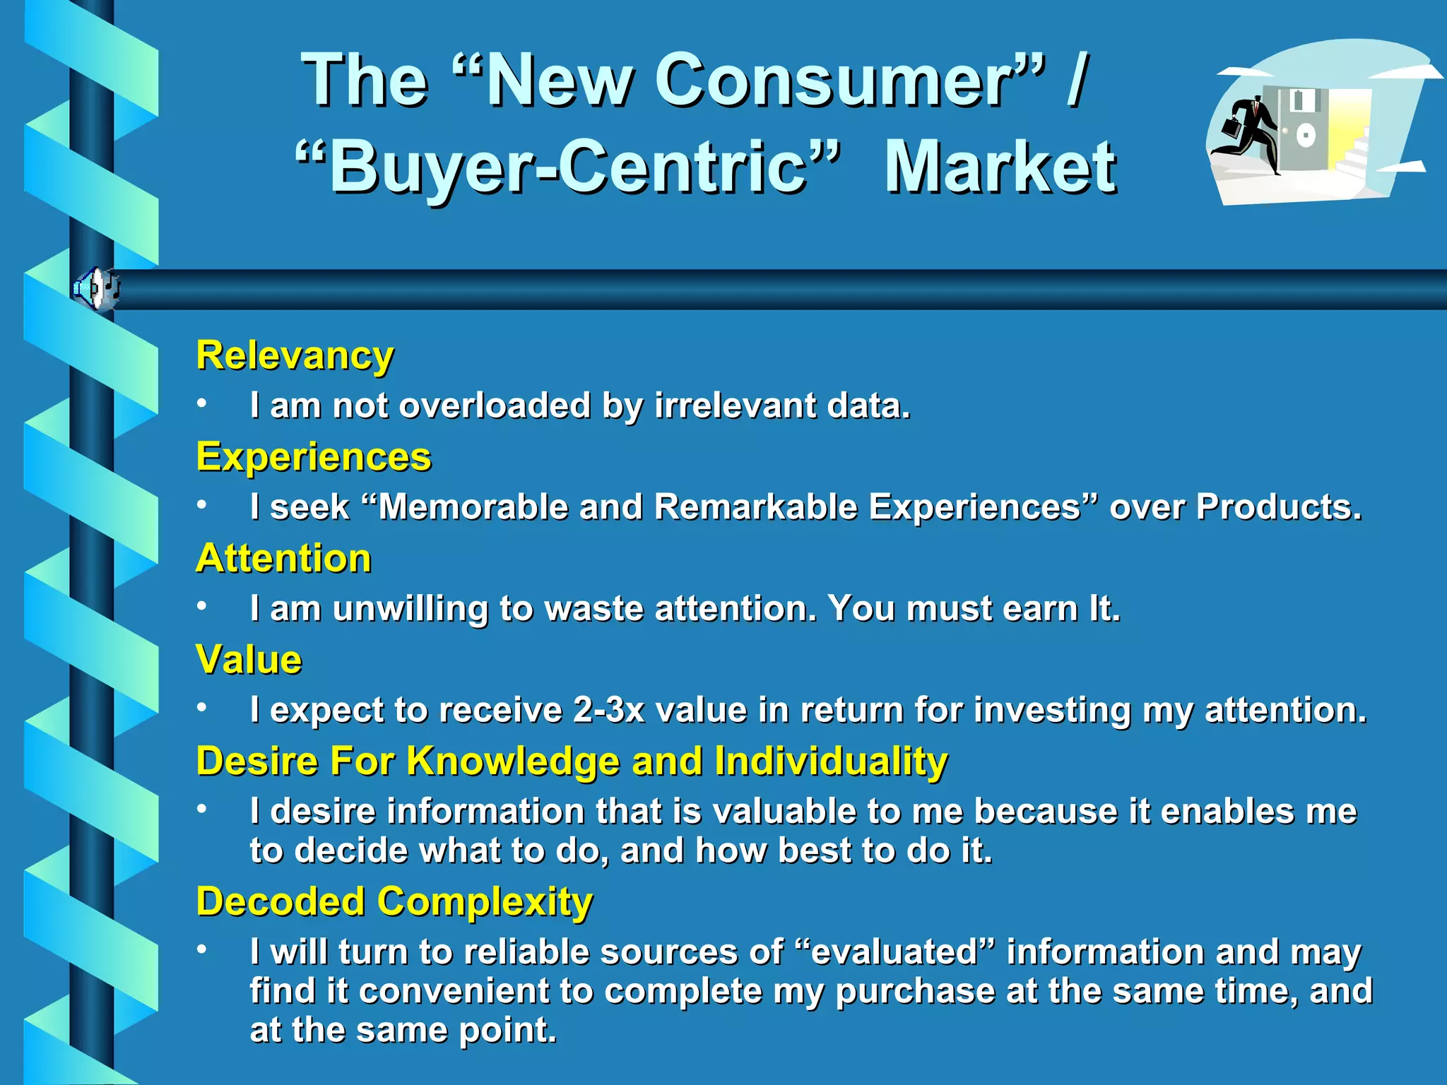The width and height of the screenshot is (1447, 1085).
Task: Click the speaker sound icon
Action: tap(95, 289)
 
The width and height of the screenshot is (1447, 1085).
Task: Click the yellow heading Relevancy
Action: tap(295, 355)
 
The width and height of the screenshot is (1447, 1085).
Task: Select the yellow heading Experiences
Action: tap(314, 457)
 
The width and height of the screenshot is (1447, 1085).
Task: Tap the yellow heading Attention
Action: tap(283, 559)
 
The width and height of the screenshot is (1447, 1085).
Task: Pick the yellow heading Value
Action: tap(249, 660)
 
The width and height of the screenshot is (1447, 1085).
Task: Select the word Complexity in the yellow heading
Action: tap(485, 902)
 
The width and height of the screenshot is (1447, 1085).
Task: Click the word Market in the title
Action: tap(1000, 168)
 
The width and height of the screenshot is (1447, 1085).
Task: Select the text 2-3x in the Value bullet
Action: tap(609, 710)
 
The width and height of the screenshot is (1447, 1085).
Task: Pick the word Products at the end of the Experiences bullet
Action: tap(1277, 507)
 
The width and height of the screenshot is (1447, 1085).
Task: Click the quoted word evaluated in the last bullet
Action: tap(894, 952)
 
